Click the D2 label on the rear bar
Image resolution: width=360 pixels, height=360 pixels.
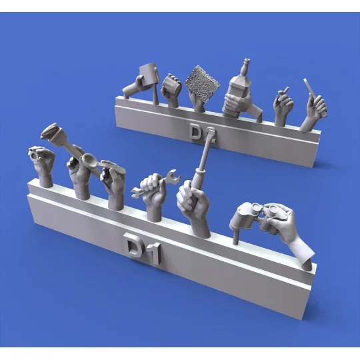tap(196, 133)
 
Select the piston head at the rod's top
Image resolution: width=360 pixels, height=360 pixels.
tap(51, 133)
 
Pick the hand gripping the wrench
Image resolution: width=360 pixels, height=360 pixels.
tap(150, 193)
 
